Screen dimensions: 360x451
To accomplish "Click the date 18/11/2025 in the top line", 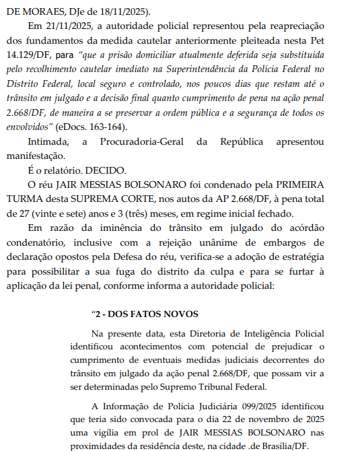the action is [124, 11].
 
